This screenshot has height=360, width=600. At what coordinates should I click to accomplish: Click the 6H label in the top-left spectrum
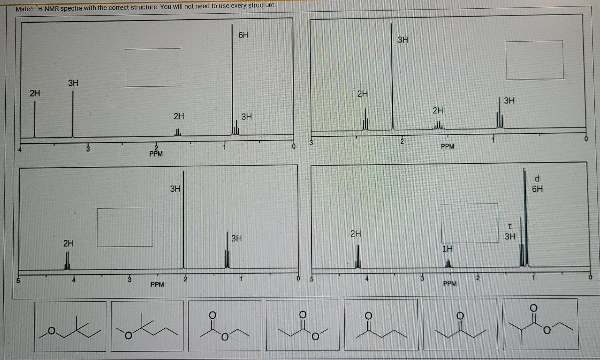pyautogui.click(x=244, y=35)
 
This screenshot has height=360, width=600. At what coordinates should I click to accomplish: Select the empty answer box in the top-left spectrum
pyautogui.click(x=153, y=67)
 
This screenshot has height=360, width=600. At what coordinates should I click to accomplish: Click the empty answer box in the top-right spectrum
pyautogui.click(x=534, y=60)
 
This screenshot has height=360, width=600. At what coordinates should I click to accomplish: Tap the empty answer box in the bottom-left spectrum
pyautogui.click(x=125, y=227)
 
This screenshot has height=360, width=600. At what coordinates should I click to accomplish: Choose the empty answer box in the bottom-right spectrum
pyautogui.click(x=469, y=223)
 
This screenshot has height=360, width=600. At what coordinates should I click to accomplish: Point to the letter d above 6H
pyautogui.click(x=537, y=178)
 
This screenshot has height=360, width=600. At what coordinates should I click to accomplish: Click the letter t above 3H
pyautogui.click(x=510, y=227)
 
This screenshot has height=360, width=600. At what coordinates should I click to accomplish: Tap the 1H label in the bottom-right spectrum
pyautogui.click(x=447, y=249)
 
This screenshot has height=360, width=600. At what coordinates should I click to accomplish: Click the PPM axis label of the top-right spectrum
pyautogui.click(x=447, y=146)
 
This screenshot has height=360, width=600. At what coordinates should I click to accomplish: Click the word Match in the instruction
pyautogui.click(x=25, y=9)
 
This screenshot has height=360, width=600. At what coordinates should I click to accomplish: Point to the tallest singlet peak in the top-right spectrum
pyautogui.click(x=392, y=76)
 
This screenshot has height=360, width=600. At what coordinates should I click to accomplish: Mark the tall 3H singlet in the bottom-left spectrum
pyautogui.click(x=184, y=220)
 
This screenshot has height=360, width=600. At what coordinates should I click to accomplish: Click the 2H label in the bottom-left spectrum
pyautogui.click(x=69, y=243)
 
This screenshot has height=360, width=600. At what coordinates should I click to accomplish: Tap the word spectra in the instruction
pyautogui.click(x=71, y=8)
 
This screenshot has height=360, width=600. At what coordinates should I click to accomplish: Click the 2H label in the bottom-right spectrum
pyautogui.click(x=356, y=233)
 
